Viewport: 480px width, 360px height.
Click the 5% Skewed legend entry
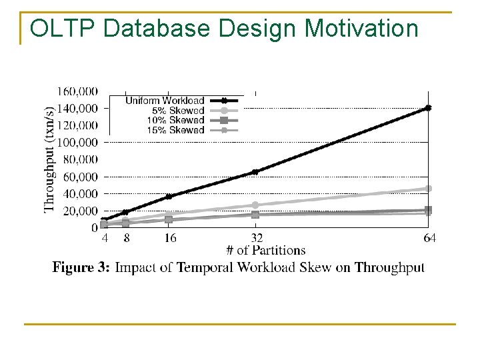(178, 111)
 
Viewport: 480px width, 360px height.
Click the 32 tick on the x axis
(255, 238)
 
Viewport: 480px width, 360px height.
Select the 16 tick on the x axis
(169, 238)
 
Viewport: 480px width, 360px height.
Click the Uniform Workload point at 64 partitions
(428, 107)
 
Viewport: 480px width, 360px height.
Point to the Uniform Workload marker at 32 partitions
(255, 172)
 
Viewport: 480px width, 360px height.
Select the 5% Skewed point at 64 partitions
(429, 189)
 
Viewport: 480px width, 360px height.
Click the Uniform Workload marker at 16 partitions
(169, 197)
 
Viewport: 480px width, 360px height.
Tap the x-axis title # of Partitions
(265, 251)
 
